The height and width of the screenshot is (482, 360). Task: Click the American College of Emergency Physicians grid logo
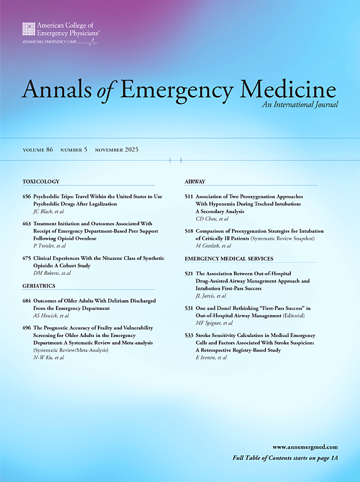(29, 28)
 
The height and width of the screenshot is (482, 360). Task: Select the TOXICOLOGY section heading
(41, 181)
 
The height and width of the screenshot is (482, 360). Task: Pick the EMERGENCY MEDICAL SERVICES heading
(229, 259)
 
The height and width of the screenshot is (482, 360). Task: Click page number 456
(27, 196)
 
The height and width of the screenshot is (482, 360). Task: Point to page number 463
(27, 223)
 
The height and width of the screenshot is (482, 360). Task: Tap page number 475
(27, 259)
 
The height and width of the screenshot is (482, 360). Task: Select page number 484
(27, 301)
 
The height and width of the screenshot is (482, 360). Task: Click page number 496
(27, 328)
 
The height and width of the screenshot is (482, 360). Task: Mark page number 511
(189, 196)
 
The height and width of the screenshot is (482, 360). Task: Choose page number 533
(189, 336)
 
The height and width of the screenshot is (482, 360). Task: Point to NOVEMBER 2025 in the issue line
(116, 150)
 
